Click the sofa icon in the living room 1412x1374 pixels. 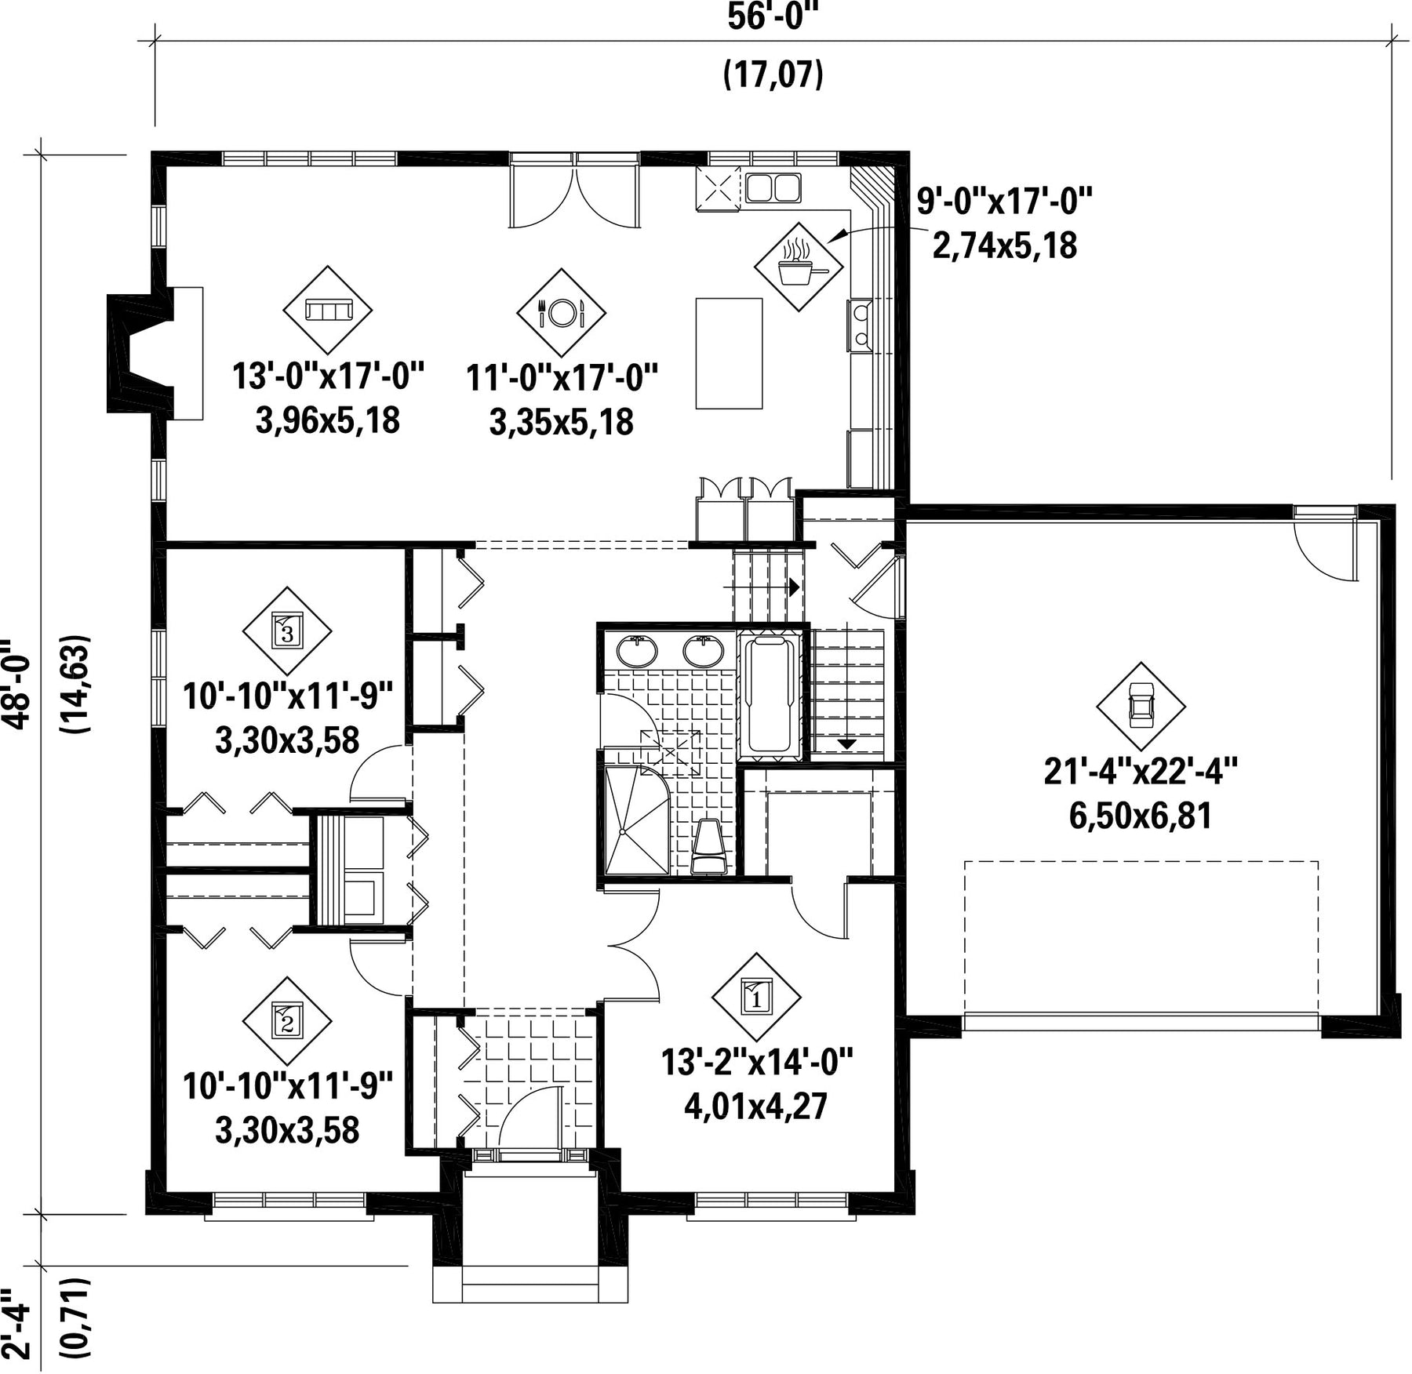tap(327, 311)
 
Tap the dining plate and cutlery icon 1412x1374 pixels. tap(561, 313)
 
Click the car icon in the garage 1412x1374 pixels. tap(1141, 705)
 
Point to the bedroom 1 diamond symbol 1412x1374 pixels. tap(756, 997)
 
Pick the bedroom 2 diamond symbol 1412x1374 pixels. tap(287, 1020)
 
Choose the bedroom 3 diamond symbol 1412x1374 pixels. tap(287, 630)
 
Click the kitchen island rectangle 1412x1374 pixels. tap(729, 353)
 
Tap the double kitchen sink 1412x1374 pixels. tap(773, 188)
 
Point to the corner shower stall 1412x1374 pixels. tap(638, 820)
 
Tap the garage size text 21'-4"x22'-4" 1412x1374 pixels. tap(1141, 772)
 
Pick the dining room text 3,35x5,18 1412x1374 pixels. tap(562, 423)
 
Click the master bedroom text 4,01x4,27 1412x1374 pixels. tap(756, 1107)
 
